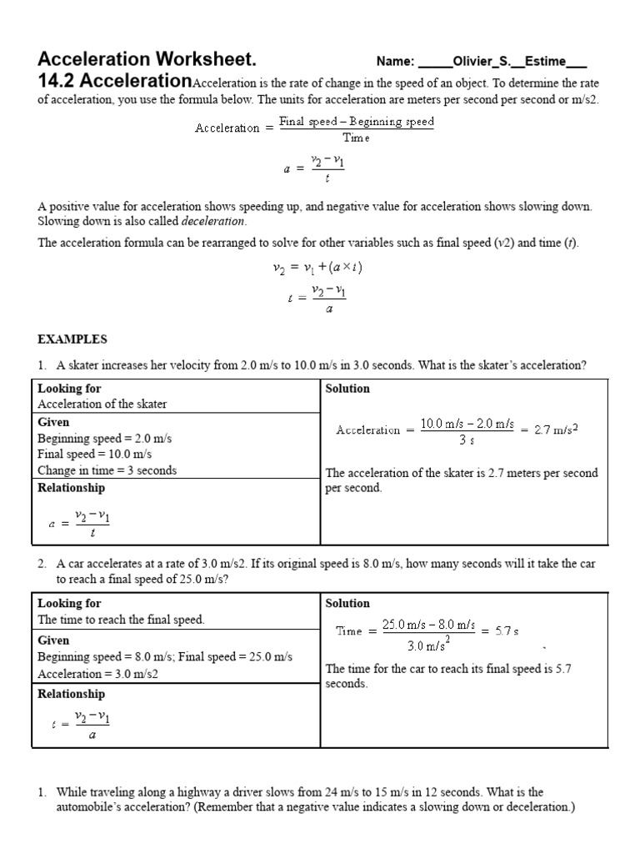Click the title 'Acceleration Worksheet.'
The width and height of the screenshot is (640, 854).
click(147, 60)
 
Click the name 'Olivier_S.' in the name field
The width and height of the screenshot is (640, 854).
click(482, 62)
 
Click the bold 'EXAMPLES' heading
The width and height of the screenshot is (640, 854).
click(72, 339)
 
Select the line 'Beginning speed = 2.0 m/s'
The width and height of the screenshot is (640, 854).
click(105, 439)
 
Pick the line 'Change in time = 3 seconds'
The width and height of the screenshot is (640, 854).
click(107, 470)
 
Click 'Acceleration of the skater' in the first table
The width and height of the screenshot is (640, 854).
click(102, 404)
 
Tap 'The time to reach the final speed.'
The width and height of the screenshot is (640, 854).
click(122, 620)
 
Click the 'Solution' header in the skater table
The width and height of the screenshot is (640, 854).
click(347, 389)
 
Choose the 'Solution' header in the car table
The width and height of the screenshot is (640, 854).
click(347, 603)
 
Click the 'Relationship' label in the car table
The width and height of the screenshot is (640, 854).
click(72, 694)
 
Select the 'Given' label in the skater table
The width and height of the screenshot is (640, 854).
click(53, 423)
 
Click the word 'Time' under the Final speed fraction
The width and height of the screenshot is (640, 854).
click(356, 138)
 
